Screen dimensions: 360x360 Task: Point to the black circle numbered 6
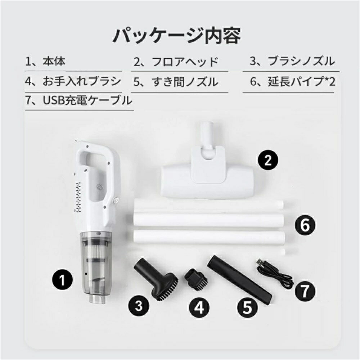click(305, 226)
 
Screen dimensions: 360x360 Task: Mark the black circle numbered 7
click(305, 289)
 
